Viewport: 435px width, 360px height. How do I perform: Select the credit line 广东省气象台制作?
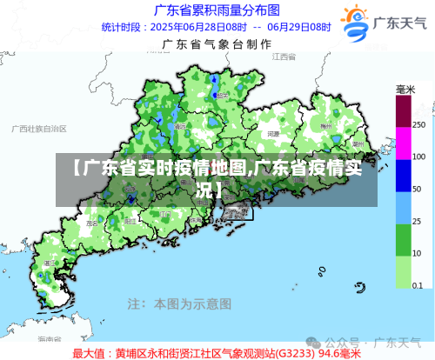tap(216, 43)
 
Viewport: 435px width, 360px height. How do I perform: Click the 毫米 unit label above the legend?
tap(405, 90)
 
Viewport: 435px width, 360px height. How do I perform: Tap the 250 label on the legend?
tap(418, 125)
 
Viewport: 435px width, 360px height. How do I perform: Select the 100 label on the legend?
tap(418, 157)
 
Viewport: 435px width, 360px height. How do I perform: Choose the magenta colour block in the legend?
tap(404, 142)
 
